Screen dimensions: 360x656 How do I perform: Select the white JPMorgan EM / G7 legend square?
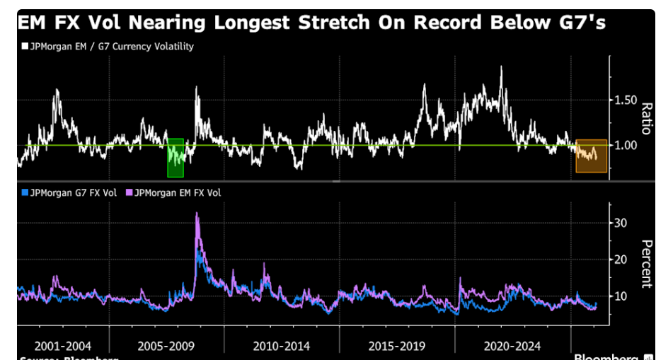(24, 47)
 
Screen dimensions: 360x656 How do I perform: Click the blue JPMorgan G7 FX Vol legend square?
(24, 192)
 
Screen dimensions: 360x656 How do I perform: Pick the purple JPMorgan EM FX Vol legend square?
(129, 192)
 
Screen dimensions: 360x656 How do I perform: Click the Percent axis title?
(645, 262)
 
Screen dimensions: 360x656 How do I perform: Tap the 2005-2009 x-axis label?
(167, 347)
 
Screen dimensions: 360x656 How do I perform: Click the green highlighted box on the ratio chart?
(175, 158)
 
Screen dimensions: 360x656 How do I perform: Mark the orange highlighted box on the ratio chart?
(591, 156)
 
